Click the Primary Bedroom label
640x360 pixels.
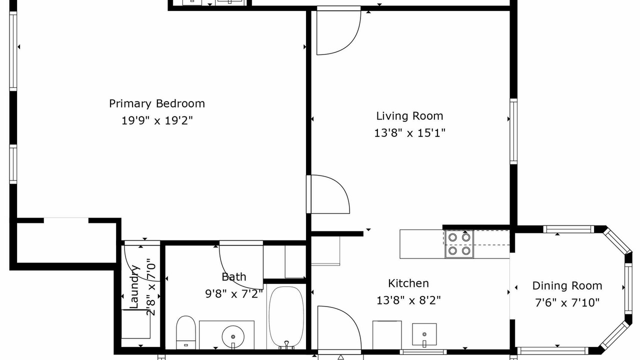157,103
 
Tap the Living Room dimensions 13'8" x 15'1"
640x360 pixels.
409,133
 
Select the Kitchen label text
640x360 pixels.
408,283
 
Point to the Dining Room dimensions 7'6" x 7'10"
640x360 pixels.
567,302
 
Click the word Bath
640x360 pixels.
233,277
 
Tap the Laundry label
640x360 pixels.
134,286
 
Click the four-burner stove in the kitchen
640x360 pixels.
459,244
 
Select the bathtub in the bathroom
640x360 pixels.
286,317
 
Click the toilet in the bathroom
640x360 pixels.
185,332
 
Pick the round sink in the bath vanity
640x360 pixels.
233,337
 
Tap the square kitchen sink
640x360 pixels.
424,334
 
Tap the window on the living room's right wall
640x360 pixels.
513,131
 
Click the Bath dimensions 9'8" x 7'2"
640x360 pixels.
234,293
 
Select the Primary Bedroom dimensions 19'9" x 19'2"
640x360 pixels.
157,120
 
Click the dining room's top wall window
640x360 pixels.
568,229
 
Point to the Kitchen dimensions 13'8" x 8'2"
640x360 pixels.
408,300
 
